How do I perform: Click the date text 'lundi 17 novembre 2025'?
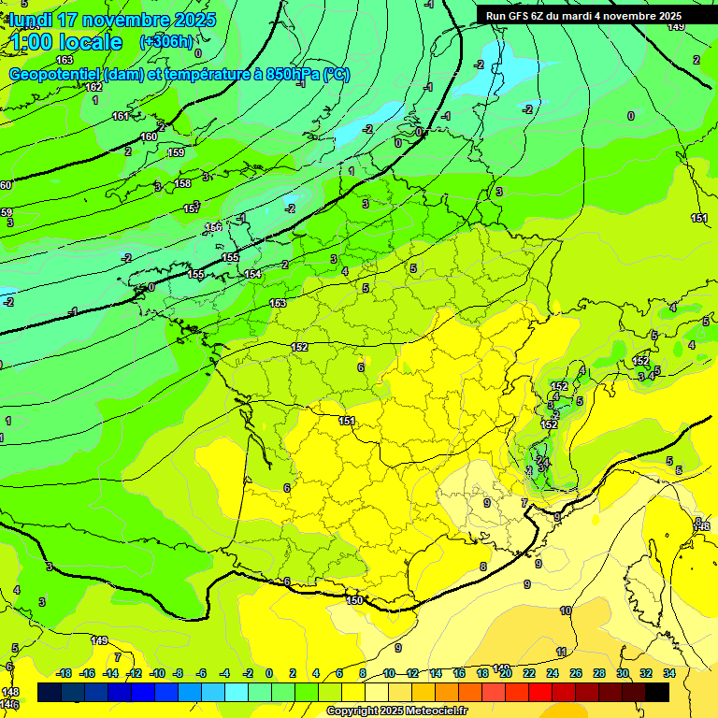click(112, 20)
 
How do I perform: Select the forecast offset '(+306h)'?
click(166, 42)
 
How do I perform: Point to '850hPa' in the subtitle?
click(289, 75)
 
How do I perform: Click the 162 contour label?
click(93, 87)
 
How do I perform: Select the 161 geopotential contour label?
click(121, 116)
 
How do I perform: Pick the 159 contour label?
click(176, 152)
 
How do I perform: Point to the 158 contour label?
click(182, 183)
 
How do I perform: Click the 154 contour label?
click(252, 274)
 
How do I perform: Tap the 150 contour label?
click(353, 600)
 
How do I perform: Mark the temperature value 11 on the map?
click(561, 652)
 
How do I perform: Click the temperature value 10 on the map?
click(566, 610)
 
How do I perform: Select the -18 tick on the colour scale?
click(65, 673)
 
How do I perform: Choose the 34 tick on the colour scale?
click(669, 673)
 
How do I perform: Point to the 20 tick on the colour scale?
click(506, 673)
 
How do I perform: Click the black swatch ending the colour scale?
click(657, 692)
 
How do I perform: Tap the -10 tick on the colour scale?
click(157, 673)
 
